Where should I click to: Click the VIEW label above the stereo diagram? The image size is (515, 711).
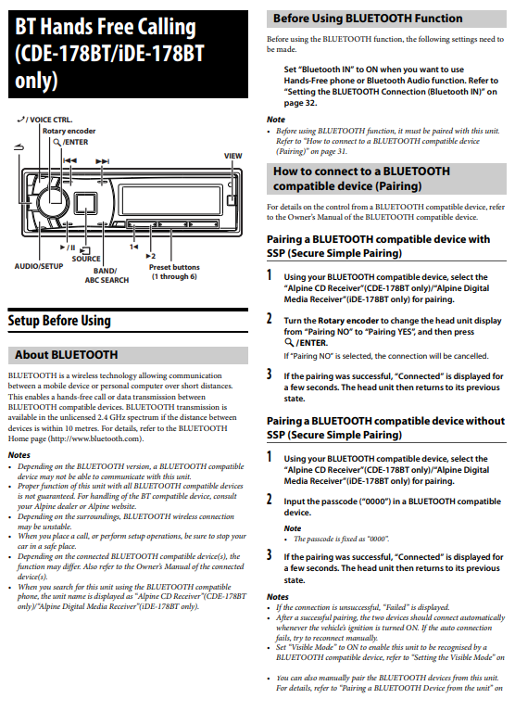click(232, 156)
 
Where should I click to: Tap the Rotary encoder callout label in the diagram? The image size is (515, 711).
click(69, 131)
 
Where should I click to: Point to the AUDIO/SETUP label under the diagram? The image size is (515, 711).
click(39, 266)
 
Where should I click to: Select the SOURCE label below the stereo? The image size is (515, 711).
click(86, 259)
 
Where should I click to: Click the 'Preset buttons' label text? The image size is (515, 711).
click(174, 267)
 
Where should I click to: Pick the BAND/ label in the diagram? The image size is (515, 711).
click(105, 271)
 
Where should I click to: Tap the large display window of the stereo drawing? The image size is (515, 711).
click(170, 199)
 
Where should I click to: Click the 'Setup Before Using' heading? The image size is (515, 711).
click(59, 321)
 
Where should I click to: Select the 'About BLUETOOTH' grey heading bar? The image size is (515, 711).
click(128, 355)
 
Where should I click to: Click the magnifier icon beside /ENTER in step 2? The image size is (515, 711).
click(289, 343)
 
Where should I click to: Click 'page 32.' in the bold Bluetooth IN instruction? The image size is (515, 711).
click(300, 103)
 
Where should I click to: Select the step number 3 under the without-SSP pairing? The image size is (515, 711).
click(270, 554)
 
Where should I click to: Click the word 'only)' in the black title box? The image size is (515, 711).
click(36, 81)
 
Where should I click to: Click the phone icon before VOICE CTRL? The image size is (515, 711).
click(20, 120)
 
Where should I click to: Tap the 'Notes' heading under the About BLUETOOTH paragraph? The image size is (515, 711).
click(19, 455)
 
